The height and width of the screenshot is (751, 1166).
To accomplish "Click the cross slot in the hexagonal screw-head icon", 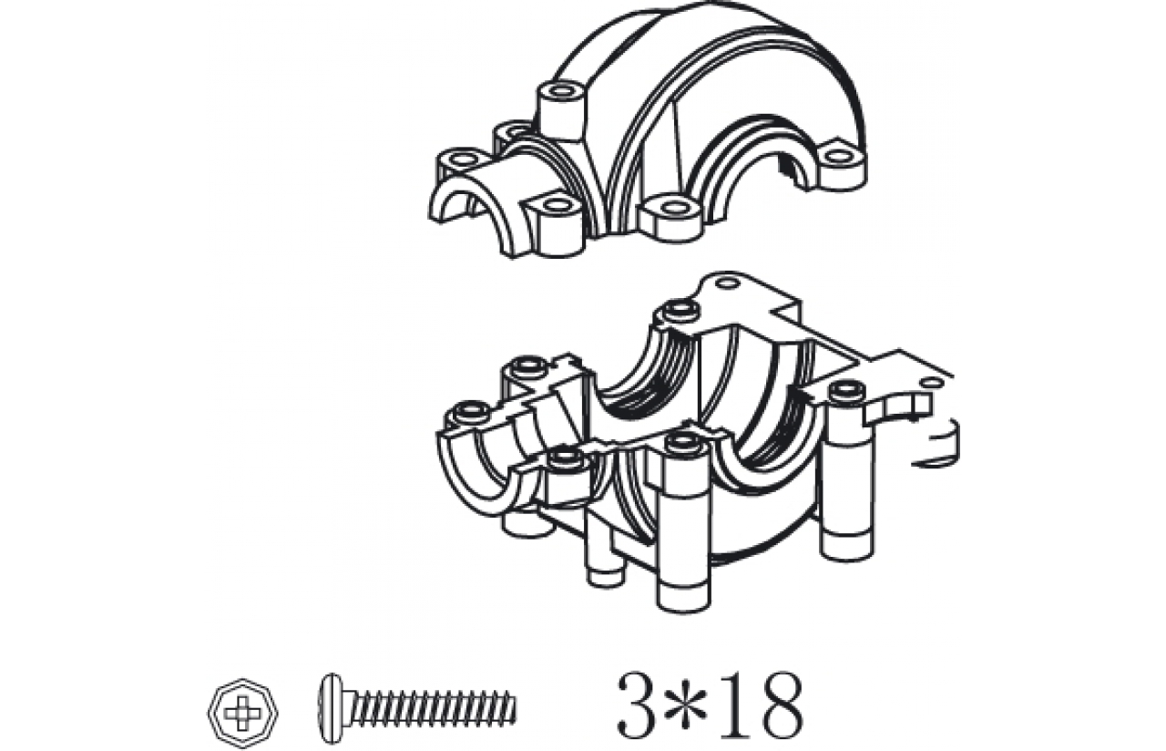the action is (x=242, y=713).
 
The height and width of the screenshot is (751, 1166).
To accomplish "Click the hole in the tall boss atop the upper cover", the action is (x=562, y=92).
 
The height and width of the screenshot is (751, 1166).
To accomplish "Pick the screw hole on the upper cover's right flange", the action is (x=836, y=156).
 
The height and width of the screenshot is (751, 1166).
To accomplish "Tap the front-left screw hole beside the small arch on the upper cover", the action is (x=557, y=205).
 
